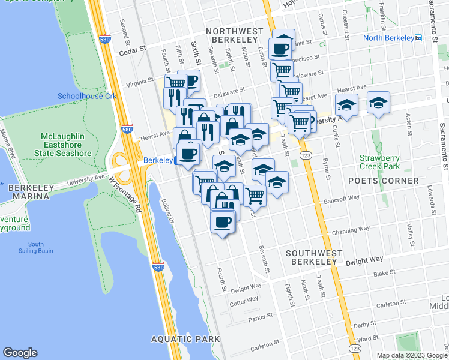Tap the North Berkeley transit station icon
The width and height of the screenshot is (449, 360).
click(419, 38)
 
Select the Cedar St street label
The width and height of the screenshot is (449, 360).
click(133, 52)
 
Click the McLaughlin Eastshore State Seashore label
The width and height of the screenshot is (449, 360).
click(66, 145)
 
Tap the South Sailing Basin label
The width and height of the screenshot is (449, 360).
click(35, 248)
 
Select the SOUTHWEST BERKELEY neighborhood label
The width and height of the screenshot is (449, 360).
click(312, 257)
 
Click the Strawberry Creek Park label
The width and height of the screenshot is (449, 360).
click(380, 162)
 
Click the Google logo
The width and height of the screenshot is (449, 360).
click(20, 353)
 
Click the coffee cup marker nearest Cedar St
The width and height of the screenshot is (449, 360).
click(280, 47)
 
